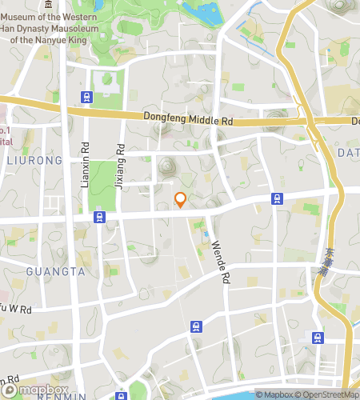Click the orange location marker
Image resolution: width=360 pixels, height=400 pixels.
click(x=181, y=199)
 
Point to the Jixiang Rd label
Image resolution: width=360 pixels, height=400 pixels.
click(x=120, y=169)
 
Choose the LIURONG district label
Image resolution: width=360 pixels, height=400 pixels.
click(x=34, y=161)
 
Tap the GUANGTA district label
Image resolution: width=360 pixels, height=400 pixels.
click(x=55, y=271)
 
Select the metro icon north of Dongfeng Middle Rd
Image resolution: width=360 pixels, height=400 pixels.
click(x=86, y=98)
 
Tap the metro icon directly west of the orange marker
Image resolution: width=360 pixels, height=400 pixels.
click(x=100, y=216)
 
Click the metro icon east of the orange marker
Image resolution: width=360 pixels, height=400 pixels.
click(x=277, y=198)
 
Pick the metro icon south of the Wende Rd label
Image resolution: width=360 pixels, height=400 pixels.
click(x=196, y=326)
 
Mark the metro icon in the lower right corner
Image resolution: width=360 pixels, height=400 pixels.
click(x=318, y=337)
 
